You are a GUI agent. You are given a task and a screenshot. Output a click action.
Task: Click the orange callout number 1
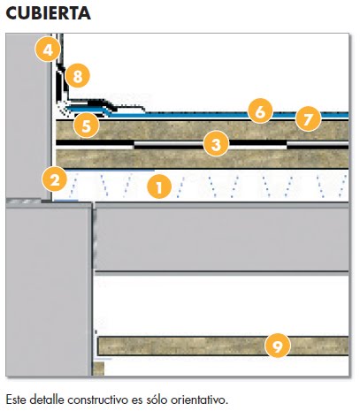159,186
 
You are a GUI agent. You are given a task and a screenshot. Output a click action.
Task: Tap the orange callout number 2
55,179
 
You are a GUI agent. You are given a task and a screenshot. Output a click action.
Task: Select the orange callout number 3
216,144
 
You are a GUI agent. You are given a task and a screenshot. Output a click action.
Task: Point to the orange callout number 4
48,49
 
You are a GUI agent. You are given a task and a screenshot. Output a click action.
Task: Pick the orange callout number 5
87,126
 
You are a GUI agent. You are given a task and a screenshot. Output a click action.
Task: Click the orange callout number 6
260,111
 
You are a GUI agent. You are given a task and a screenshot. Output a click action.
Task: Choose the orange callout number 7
308,118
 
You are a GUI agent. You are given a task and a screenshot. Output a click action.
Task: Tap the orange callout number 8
77,76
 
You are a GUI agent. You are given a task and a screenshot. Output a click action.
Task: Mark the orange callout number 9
278,346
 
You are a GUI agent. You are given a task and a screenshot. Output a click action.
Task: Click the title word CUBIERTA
48,13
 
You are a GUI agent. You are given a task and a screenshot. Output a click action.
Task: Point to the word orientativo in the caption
199,400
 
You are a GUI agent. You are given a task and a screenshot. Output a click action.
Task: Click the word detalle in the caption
47,400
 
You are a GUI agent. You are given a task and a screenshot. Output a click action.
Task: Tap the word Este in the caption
17,400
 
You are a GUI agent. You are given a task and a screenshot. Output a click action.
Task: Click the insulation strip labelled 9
223,346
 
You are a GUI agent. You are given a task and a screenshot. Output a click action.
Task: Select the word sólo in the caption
157,400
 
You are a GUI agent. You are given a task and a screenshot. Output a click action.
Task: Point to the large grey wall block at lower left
49,292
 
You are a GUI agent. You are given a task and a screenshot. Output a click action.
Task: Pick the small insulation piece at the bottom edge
99,369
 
